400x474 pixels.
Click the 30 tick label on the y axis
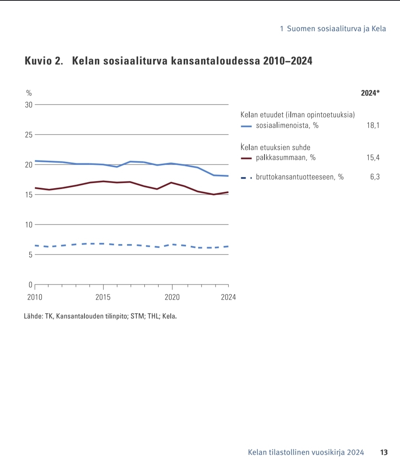29,105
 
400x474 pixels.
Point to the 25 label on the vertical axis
29,135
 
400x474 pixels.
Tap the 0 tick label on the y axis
30,285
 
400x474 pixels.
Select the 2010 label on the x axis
35,297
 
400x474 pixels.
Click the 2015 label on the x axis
103,297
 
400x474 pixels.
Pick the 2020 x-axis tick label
172,297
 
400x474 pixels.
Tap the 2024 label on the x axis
228,297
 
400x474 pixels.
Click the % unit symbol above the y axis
29,93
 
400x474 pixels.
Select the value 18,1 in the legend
373,126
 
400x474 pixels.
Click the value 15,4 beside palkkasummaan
373,158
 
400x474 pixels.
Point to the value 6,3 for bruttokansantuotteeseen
375,177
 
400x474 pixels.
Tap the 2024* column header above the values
370,93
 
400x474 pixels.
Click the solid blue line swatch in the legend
246,126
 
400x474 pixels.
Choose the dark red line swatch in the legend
246,158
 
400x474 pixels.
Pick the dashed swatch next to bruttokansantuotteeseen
246,178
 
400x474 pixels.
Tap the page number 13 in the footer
384,453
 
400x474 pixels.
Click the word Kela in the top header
379,29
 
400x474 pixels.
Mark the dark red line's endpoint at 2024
228,192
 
